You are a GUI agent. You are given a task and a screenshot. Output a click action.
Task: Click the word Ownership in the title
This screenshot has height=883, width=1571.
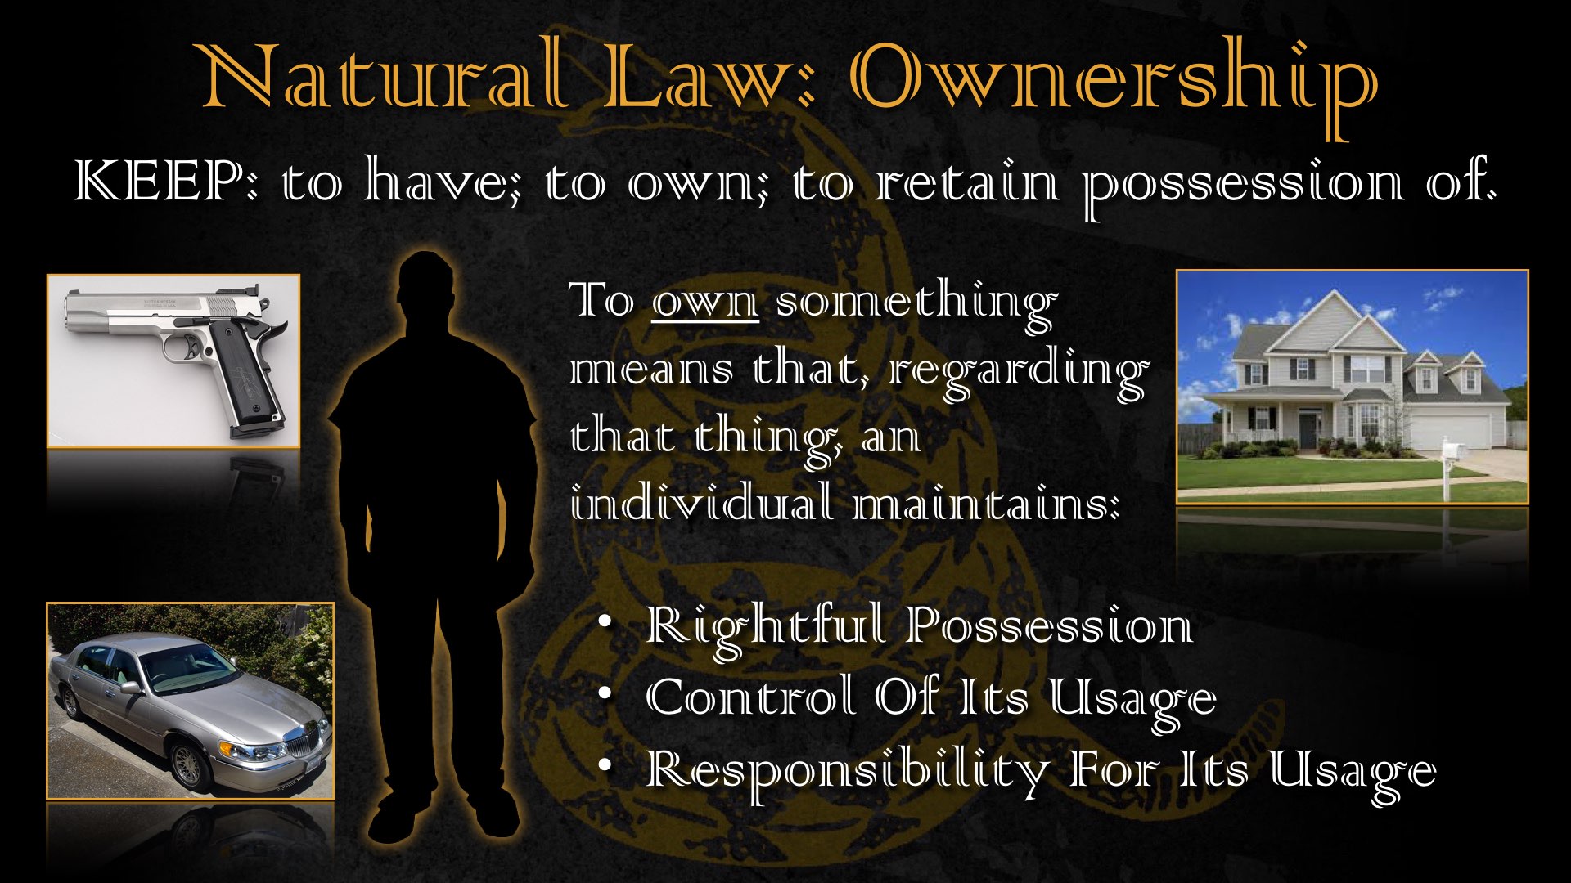click(1114, 82)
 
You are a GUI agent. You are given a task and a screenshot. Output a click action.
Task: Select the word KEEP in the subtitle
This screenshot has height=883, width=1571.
click(159, 181)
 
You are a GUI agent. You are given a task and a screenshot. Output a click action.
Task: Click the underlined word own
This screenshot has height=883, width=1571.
click(705, 303)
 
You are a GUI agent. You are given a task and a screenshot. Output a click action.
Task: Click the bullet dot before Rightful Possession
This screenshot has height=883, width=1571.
click(605, 622)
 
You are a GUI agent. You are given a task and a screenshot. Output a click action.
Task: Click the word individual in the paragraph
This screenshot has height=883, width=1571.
click(702, 502)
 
